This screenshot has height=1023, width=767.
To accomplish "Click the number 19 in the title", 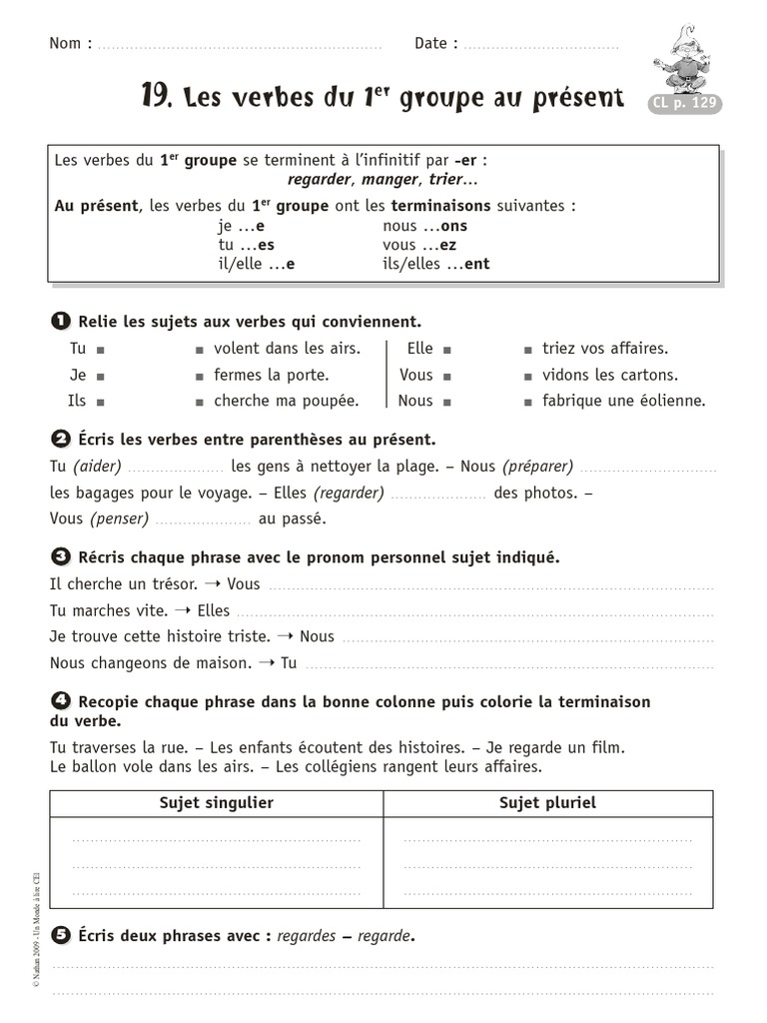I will (157, 96).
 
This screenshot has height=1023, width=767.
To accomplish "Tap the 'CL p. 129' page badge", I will (685, 103).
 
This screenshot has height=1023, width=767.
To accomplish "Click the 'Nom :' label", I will (71, 44).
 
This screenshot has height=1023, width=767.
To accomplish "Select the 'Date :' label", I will (436, 44).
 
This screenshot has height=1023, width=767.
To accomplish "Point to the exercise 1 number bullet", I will (59, 321).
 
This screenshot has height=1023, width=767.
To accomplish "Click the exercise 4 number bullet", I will (59, 701).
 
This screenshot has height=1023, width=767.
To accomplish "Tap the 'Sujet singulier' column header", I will (216, 803).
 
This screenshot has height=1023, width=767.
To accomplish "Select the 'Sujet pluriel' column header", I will (547, 803).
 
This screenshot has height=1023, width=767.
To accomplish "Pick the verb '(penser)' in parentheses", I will (119, 518).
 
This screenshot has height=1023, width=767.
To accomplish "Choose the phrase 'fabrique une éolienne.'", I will (623, 401).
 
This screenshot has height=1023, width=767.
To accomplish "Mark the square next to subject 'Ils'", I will (102, 402).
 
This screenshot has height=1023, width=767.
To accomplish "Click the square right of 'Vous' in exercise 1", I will (447, 376).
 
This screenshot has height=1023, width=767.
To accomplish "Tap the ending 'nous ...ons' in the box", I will (424, 226).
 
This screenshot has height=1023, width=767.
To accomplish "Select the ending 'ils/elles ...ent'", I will (436, 265).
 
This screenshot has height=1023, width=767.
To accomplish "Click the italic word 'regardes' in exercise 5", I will (307, 936).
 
